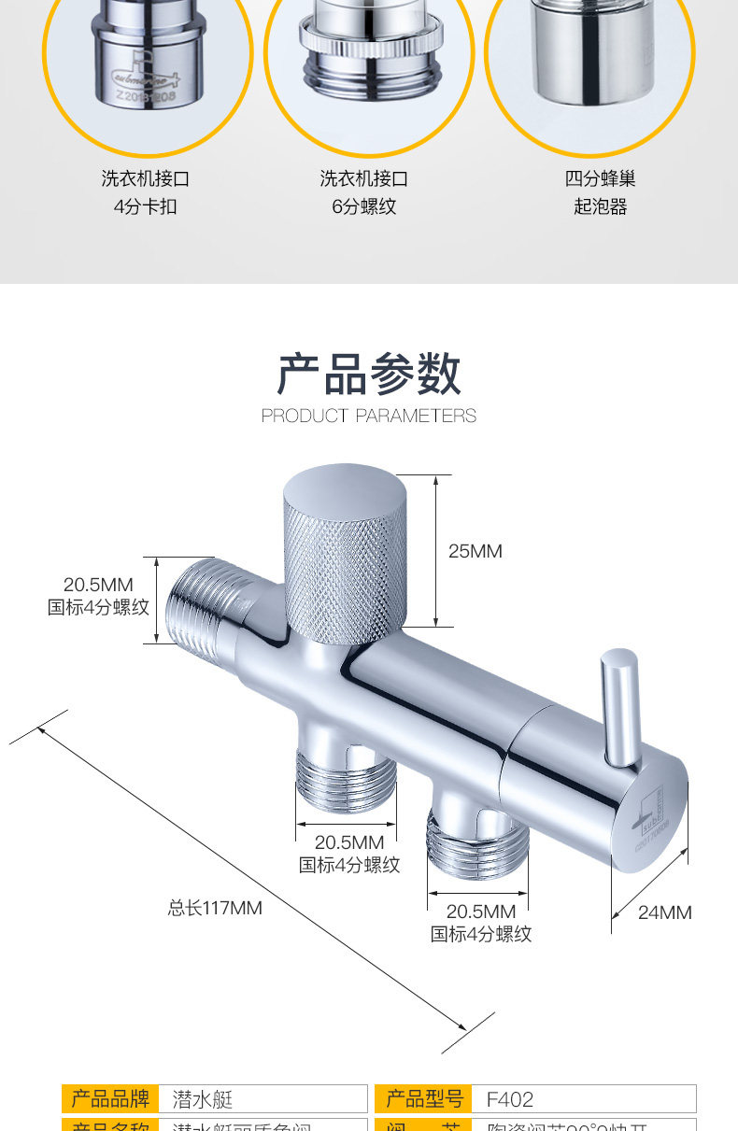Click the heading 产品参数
coord(369,375)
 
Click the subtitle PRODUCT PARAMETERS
coord(369,416)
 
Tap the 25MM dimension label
coord(475,551)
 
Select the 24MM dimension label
coord(664,912)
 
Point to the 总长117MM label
coord(215,907)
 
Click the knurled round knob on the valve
coord(345,560)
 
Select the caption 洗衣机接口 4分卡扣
coord(145,192)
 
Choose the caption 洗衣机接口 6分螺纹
coord(364,192)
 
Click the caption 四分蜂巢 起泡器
coord(600,192)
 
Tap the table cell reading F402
coord(510,1099)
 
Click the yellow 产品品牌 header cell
coord(110,1098)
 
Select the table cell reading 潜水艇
coord(202,1099)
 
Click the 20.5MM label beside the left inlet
coord(98,586)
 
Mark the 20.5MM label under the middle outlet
coord(348,842)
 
